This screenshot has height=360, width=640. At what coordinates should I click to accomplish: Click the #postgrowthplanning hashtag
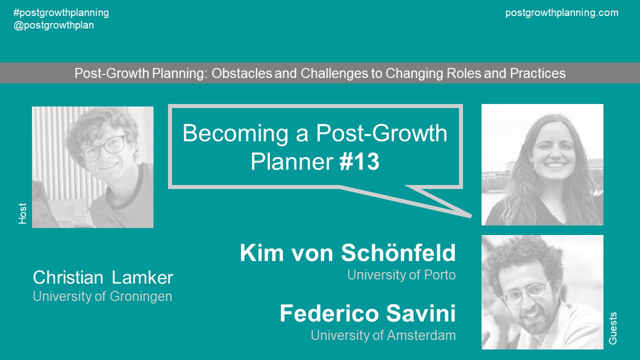61,13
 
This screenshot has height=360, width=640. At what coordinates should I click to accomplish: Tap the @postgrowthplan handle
54,25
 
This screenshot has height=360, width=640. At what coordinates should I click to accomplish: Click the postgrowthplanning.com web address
561,13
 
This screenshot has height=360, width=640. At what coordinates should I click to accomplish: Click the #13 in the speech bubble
359,162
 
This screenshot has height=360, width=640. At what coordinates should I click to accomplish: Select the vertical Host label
22,213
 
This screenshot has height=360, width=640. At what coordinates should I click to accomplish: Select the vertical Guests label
613,328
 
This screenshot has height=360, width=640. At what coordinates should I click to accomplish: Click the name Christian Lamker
103,277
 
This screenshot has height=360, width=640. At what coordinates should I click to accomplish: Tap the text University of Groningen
102,296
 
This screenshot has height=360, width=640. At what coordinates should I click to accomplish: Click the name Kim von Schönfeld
347,253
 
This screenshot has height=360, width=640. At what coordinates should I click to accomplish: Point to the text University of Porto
401,275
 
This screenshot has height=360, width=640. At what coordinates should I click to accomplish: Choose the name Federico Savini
367,314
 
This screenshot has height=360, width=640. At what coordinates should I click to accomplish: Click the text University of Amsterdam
383,335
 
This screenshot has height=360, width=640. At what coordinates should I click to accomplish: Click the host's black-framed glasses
102,148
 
